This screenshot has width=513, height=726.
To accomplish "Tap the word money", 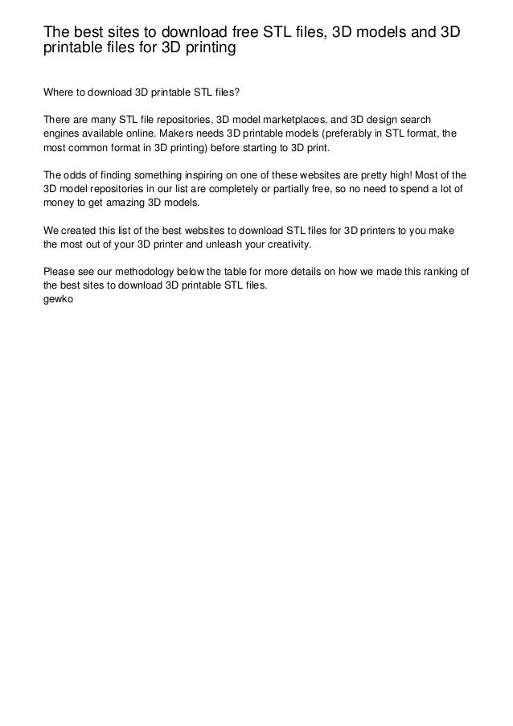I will (60, 207).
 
